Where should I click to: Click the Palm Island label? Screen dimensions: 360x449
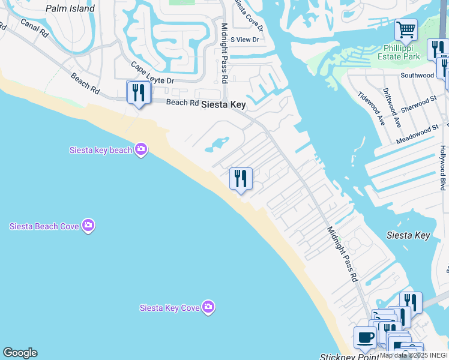(x=70, y=8)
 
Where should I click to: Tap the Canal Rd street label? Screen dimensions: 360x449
(x=34, y=28)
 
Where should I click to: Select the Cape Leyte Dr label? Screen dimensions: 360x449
(x=152, y=73)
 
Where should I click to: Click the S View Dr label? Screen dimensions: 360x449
(x=245, y=40)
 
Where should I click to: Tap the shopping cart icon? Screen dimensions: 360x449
(x=406, y=29)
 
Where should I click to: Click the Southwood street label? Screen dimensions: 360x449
(x=417, y=76)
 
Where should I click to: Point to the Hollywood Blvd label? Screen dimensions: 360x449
(x=443, y=167)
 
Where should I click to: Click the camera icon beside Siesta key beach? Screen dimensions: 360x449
(x=141, y=149)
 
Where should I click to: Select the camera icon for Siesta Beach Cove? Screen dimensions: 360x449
(x=88, y=226)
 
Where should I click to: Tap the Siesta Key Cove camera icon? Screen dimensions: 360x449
(x=208, y=307)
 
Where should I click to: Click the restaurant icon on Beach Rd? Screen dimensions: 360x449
(x=139, y=92)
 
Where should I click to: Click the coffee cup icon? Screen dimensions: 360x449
(x=364, y=338)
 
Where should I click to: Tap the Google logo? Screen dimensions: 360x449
(x=20, y=353)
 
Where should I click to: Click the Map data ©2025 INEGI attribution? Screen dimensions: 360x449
(x=414, y=355)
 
